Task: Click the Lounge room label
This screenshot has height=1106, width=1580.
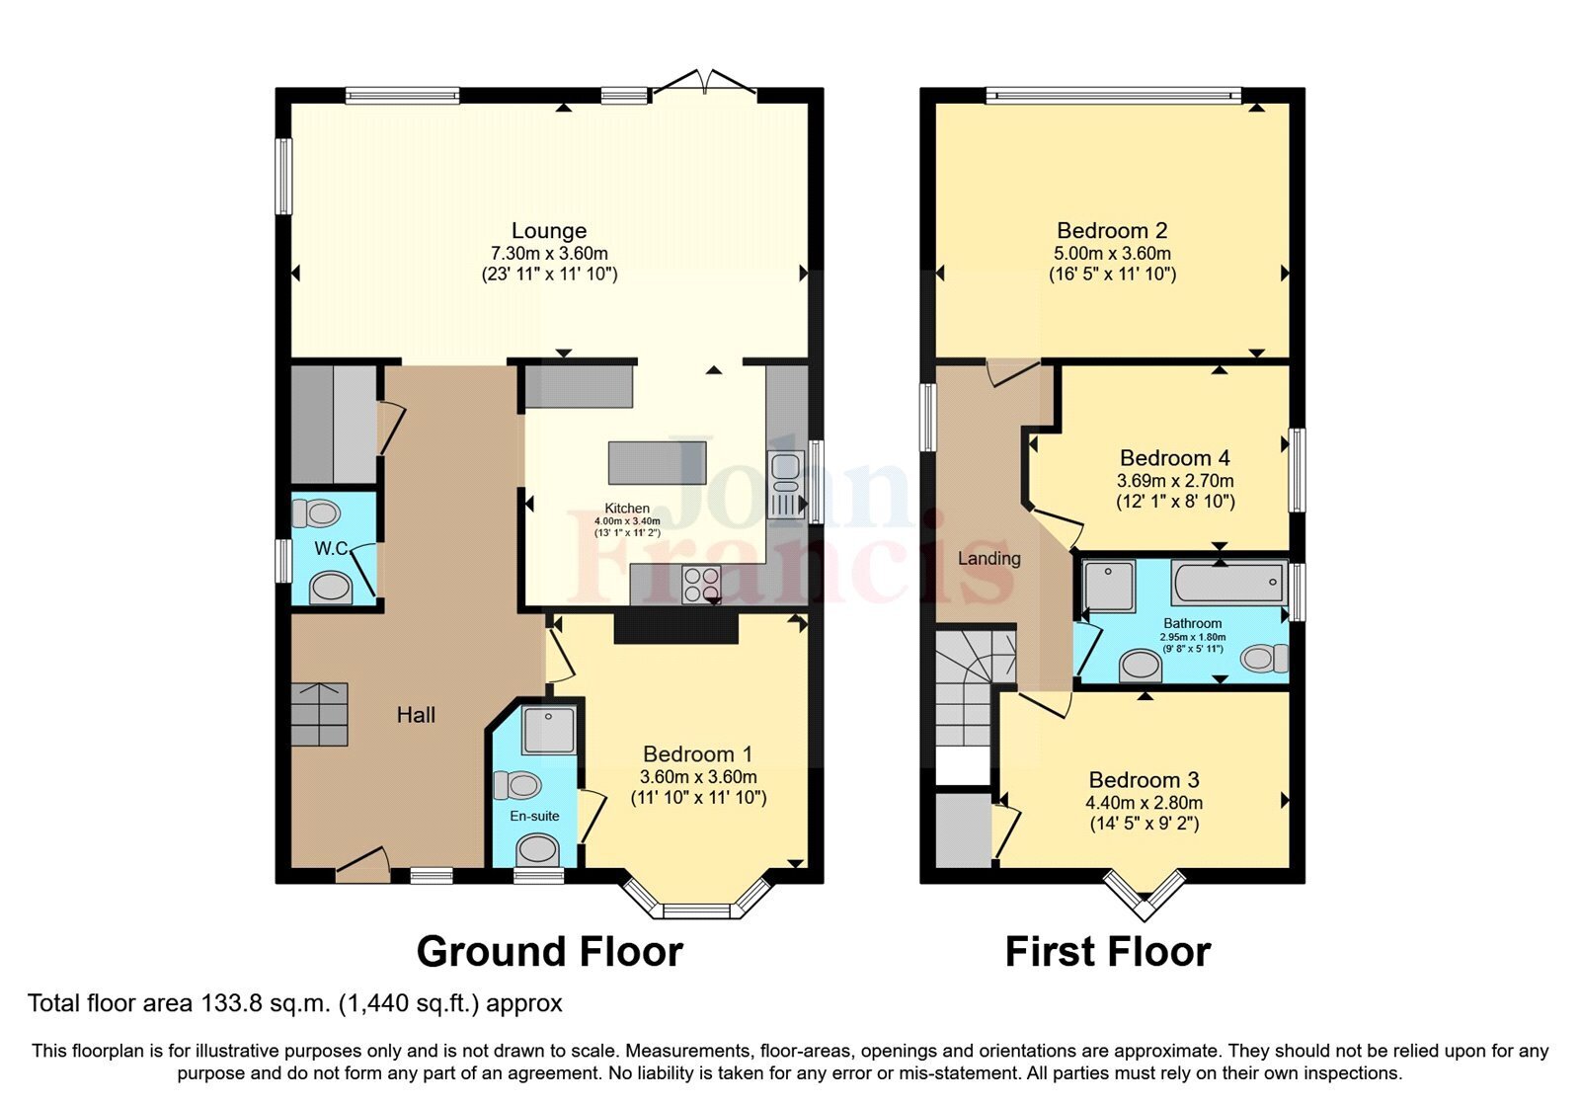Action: tap(549, 231)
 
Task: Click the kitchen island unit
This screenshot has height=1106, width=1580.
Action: tap(657, 462)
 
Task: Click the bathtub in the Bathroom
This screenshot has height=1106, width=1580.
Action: tap(1228, 583)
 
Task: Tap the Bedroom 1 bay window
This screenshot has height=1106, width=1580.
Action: tap(696, 905)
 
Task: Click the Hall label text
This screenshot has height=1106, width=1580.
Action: tap(416, 715)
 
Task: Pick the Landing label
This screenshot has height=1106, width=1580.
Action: tap(988, 559)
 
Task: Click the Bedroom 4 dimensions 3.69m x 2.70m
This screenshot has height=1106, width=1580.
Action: tap(1175, 481)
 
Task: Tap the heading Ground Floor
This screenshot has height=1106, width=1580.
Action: tap(549, 952)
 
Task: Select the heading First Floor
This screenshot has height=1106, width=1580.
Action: tap(1107, 952)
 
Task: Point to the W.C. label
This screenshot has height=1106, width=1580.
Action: tap(331, 548)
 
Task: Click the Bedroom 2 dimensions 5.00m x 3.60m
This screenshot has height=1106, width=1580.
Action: tap(1112, 254)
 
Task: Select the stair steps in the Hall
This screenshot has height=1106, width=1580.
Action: tap(319, 714)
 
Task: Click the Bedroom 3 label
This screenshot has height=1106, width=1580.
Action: tap(1144, 780)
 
